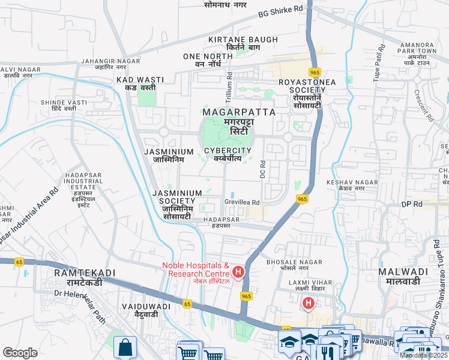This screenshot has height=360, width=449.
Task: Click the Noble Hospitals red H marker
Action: [x=238, y=273]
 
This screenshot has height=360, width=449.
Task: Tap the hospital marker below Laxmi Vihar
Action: [x=309, y=304]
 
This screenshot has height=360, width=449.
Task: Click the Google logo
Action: [x=20, y=353]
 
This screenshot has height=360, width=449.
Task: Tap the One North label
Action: [x=208, y=60]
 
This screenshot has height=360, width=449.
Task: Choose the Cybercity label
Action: [x=228, y=154]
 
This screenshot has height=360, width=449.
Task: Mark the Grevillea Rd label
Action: [x=242, y=202]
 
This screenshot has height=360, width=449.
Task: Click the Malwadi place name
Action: [x=403, y=276]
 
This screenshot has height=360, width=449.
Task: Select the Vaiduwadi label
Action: [x=145, y=310]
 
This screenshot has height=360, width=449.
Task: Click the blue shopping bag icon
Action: [x=125, y=347]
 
